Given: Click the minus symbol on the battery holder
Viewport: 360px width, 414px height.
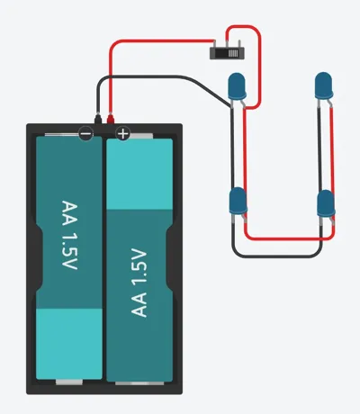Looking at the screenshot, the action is pos(85,134).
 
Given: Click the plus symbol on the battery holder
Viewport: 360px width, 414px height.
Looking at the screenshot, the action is pos(123,133).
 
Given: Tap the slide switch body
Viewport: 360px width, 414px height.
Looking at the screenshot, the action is pos(227,53).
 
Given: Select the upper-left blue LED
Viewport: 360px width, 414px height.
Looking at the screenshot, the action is pos(237,85).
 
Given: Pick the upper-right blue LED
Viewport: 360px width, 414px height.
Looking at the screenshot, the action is pos(324,85).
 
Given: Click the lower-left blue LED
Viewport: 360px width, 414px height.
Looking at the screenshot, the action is pos(238,201).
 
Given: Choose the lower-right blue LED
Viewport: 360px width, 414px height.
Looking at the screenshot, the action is pos(326,202).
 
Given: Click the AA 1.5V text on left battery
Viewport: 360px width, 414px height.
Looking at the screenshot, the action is pos(69,235).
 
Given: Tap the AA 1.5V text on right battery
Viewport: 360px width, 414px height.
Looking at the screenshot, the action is pos(139,283).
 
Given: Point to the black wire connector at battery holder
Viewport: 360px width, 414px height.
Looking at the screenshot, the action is pos(98,118).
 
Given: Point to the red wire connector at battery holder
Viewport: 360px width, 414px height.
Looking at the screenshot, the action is pos(111,118).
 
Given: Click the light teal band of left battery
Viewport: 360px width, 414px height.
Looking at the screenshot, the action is pos(69,344).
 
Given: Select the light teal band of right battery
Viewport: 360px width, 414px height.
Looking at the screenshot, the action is pos(139,174).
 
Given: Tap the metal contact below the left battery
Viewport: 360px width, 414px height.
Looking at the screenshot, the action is pos(69,382).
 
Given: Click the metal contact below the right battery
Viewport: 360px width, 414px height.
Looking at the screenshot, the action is pos(139,383).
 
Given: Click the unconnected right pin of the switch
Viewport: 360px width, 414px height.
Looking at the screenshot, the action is pos(239,44).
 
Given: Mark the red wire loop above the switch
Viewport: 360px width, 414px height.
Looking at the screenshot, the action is pos(243,26).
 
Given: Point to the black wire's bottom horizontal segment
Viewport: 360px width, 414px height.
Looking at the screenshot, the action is pos(277,256).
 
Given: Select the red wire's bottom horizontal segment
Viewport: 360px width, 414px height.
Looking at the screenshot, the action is pos(290,238).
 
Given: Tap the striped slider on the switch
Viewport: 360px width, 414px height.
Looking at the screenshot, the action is pos(233,53).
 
